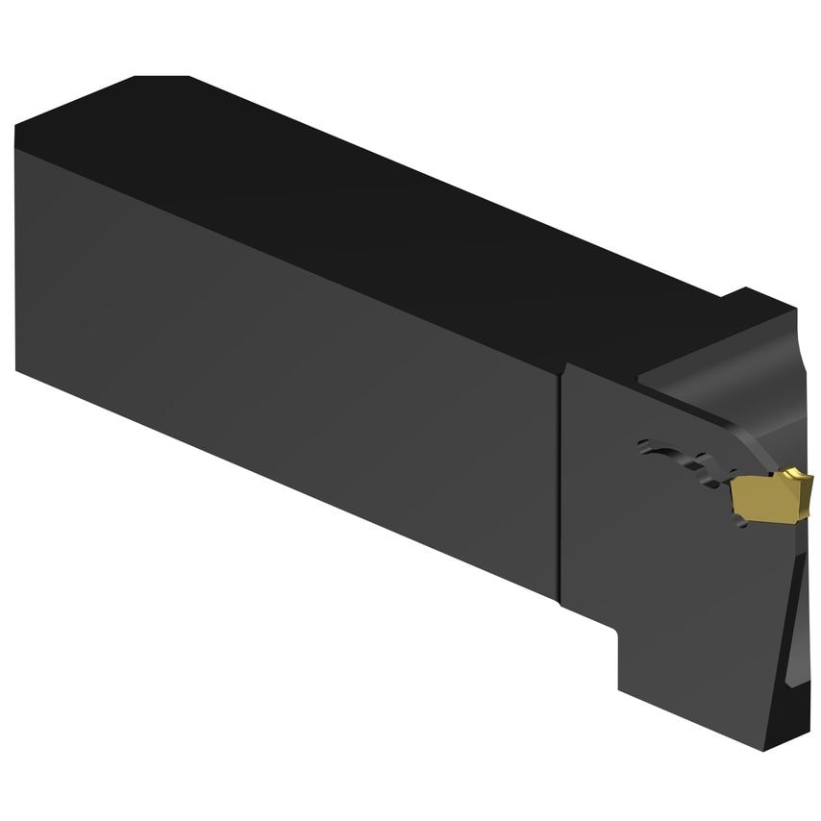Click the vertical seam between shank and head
(560, 481)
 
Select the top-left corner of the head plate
(565, 365)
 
